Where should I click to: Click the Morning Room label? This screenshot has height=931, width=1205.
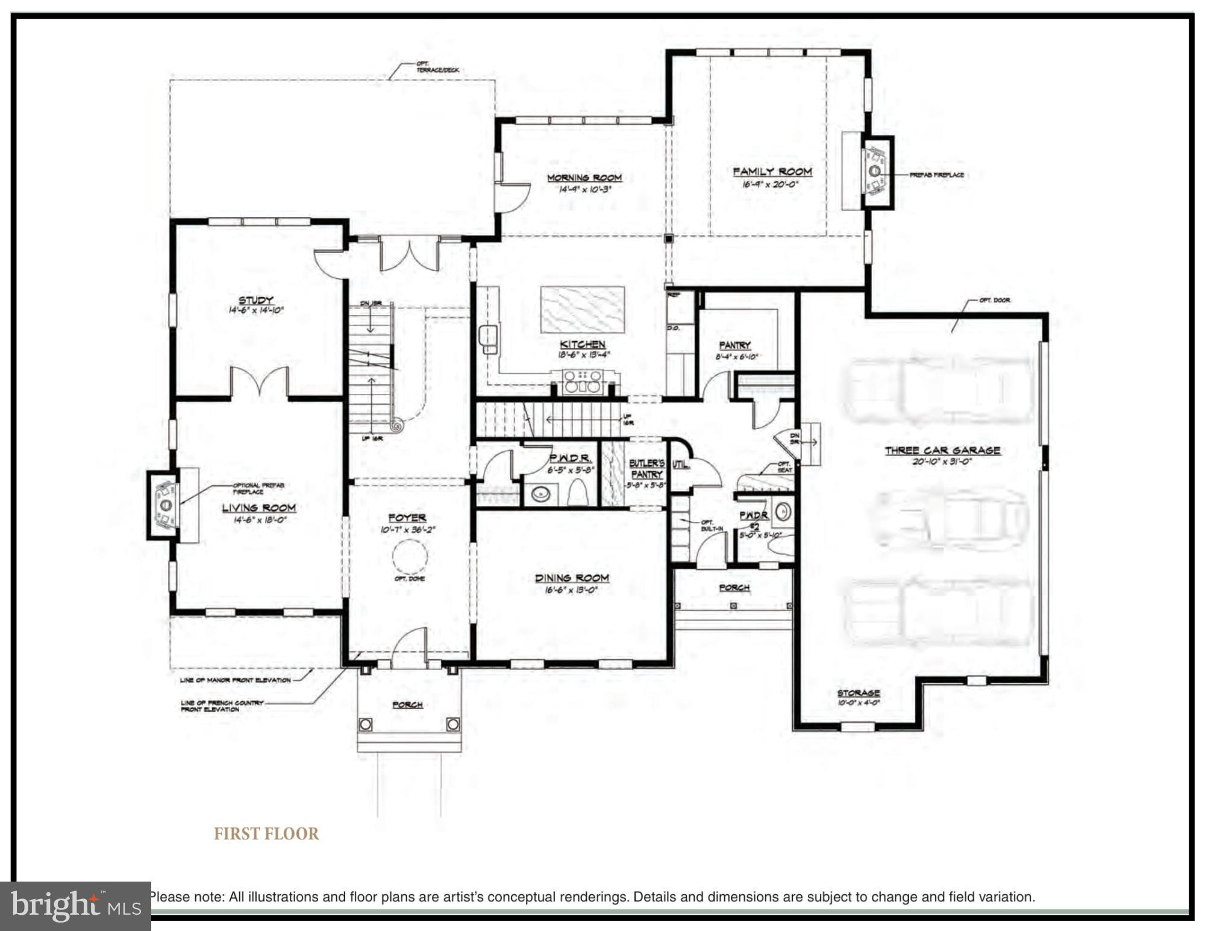point(584,178)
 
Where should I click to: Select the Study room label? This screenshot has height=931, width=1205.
point(256,300)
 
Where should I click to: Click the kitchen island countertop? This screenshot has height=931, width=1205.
point(582,309)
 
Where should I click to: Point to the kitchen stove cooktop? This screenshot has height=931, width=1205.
point(582,382)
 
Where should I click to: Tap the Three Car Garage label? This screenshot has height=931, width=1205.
point(942,451)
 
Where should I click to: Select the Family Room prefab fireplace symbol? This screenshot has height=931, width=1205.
point(875,171)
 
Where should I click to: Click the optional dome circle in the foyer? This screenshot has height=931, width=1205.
point(410,557)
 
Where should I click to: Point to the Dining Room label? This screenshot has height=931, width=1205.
point(572,578)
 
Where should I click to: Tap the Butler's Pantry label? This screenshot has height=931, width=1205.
point(646,469)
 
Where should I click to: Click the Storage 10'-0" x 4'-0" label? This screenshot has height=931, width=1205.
point(858,697)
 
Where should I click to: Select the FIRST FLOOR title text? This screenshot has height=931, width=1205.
point(266,834)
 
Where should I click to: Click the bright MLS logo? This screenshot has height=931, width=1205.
point(75,906)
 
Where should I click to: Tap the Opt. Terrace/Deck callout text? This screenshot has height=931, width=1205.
point(437,67)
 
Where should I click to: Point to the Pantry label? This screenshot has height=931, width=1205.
point(734,345)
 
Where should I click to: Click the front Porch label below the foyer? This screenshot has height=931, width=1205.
point(407,704)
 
